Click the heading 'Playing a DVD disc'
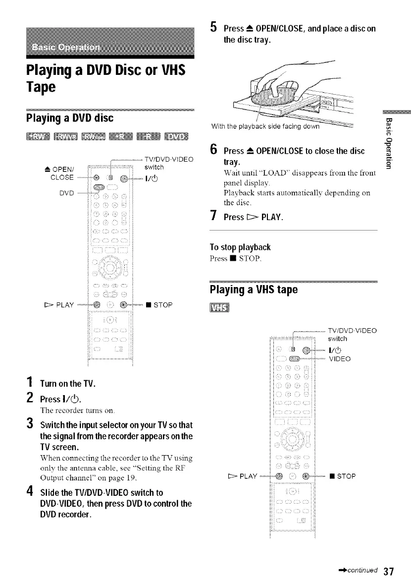point(70,118)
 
